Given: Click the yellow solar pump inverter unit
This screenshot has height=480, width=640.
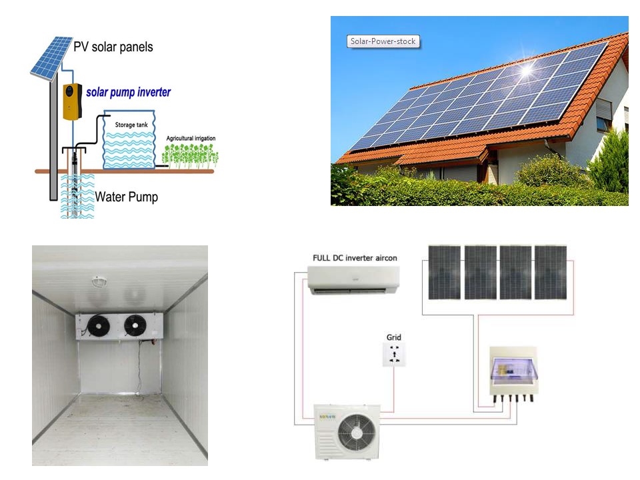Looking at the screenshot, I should pyautogui.click(x=73, y=102).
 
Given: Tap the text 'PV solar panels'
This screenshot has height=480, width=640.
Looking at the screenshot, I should pyautogui.click(x=113, y=47).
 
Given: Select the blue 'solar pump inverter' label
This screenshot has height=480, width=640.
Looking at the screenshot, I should pyautogui.click(x=128, y=92).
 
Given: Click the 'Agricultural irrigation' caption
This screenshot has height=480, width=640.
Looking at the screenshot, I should pyautogui.click(x=191, y=139).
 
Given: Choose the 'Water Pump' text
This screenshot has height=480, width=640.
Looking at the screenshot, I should pyautogui.click(x=126, y=197).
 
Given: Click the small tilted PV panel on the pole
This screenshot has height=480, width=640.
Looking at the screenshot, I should pyautogui.click(x=51, y=57).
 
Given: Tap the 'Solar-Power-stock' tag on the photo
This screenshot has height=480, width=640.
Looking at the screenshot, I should pyautogui.click(x=383, y=41).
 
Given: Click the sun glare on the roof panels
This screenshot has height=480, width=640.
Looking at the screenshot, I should pyautogui.click(x=530, y=69).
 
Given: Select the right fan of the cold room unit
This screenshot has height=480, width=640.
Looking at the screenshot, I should pyautogui.click(x=135, y=325).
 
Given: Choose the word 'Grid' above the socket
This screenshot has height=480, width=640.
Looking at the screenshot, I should pyautogui.click(x=394, y=337).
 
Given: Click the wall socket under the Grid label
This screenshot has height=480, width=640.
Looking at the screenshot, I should pyautogui.click(x=394, y=355).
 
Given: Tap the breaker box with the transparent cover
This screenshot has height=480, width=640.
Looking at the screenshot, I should pyautogui.click(x=513, y=370).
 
